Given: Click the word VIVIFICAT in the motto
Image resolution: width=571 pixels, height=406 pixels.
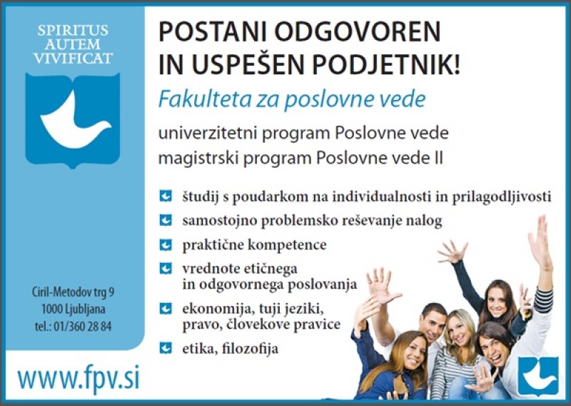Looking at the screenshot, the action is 73,59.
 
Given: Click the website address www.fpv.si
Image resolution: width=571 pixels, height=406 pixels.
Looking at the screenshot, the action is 79,380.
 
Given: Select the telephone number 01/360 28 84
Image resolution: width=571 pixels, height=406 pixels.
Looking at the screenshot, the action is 82,326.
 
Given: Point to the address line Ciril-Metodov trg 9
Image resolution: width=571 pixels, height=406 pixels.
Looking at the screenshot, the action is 73,292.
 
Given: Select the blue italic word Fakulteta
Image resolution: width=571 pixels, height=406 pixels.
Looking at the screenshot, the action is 205,99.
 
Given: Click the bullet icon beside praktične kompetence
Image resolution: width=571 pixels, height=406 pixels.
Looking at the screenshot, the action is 166,244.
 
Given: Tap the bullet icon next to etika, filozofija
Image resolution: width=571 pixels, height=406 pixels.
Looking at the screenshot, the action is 166,347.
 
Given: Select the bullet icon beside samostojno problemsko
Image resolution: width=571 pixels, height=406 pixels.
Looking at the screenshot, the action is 166,220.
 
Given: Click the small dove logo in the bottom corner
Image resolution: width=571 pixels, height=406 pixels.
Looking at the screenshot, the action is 538,376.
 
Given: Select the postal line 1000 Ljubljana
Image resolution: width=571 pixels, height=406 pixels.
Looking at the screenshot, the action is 74,310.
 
